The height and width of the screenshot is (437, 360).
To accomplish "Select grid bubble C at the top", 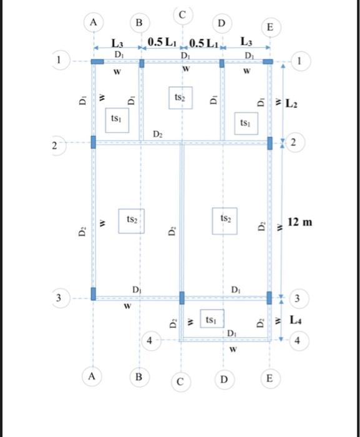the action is (x=182, y=12).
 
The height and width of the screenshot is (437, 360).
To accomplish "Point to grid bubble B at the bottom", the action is (x=139, y=378).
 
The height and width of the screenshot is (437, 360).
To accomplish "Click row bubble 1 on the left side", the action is (x=60, y=61).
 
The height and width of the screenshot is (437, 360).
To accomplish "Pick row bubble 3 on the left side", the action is (x=60, y=298).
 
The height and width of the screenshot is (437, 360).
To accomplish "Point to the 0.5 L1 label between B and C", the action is (x=163, y=42).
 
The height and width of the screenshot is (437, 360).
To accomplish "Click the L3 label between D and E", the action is (x=246, y=42).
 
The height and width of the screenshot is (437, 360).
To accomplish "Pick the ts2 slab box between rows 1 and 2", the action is (x=180, y=98).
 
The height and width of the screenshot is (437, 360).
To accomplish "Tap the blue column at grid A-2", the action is (x=94, y=142).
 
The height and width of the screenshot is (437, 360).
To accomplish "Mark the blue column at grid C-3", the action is (x=182, y=297).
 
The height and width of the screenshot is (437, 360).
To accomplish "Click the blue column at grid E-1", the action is (x=268, y=62).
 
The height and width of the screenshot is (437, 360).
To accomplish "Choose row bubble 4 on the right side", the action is (x=299, y=341).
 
